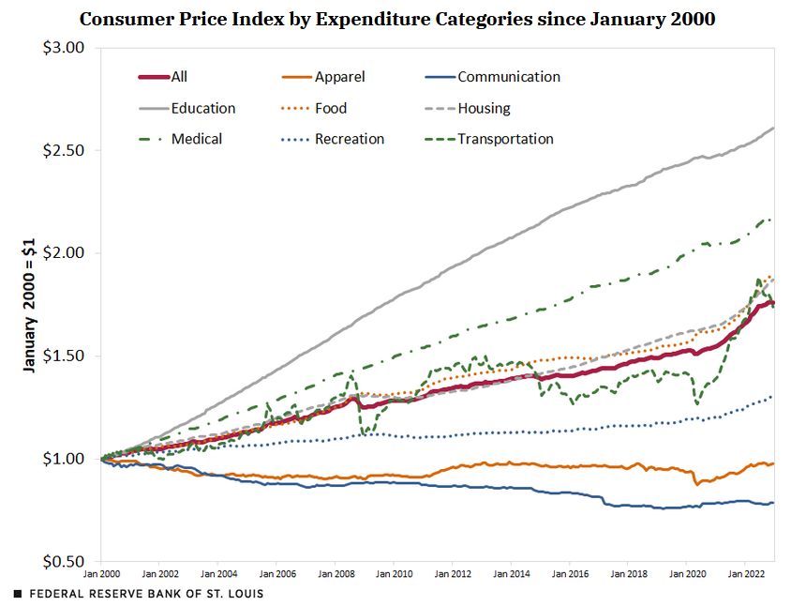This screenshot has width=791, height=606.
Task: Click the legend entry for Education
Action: click(x=203, y=109)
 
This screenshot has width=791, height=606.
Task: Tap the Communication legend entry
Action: click(x=509, y=78)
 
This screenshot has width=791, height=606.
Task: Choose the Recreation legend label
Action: click(x=350, y=140)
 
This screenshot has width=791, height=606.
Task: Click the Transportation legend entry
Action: click(x=505, y=140)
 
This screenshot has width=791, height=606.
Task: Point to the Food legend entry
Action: click(x=331, y=109)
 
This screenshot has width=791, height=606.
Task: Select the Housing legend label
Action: click(x=484, y=109)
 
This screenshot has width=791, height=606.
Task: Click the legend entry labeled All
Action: click(x=179, y=78)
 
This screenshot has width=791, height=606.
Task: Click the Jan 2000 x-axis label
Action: click(x=101, y=572)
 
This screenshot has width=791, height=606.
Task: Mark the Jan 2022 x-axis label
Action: click(x=745, y=572)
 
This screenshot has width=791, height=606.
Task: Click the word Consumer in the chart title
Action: click(x=122, y=19)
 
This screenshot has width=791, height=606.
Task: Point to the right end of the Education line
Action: click(x=773, y=128)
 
